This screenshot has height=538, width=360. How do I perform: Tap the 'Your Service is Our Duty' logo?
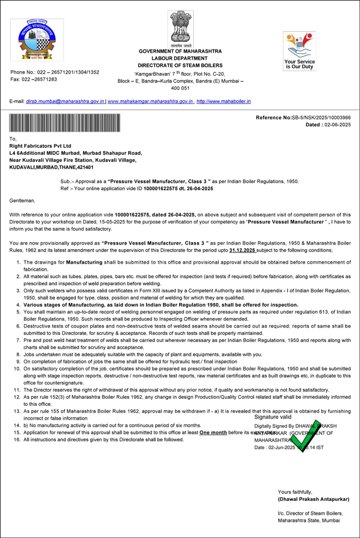299,51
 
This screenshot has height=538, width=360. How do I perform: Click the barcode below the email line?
64,124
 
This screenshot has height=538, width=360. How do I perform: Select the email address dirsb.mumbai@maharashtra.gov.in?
65,102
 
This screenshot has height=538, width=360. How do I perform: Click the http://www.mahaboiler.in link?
224,102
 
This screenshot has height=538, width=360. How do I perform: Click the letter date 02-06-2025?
337,125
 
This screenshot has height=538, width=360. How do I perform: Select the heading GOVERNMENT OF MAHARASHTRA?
180,52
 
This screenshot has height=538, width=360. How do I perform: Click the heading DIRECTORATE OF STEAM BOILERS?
180,65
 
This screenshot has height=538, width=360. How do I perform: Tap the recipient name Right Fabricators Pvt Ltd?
40,146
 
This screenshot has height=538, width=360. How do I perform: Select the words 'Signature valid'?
273,417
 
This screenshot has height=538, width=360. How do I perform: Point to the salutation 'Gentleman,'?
22,201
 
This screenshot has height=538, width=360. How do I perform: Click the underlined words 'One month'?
213,432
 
